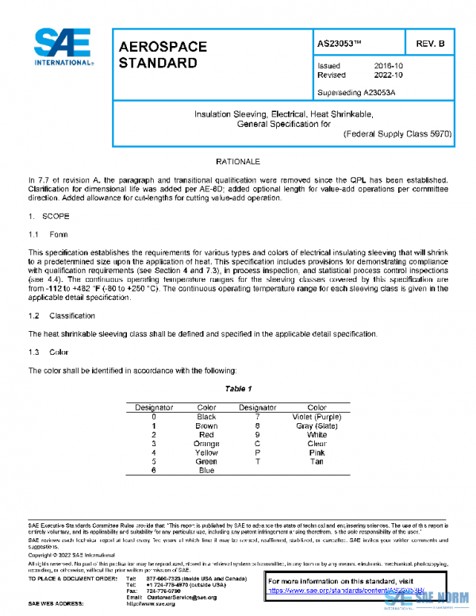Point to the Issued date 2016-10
[387, 65]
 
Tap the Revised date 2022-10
[387, 75]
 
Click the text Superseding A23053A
[355, 91]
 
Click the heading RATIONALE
[238, 161]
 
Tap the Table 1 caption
[238, 389]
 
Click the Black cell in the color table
[206, 417]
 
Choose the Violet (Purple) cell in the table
[317, 417]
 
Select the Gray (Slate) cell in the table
[317, 425]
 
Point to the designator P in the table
[258, 452]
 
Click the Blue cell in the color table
[206, 470]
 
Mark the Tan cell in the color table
[317, 461]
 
